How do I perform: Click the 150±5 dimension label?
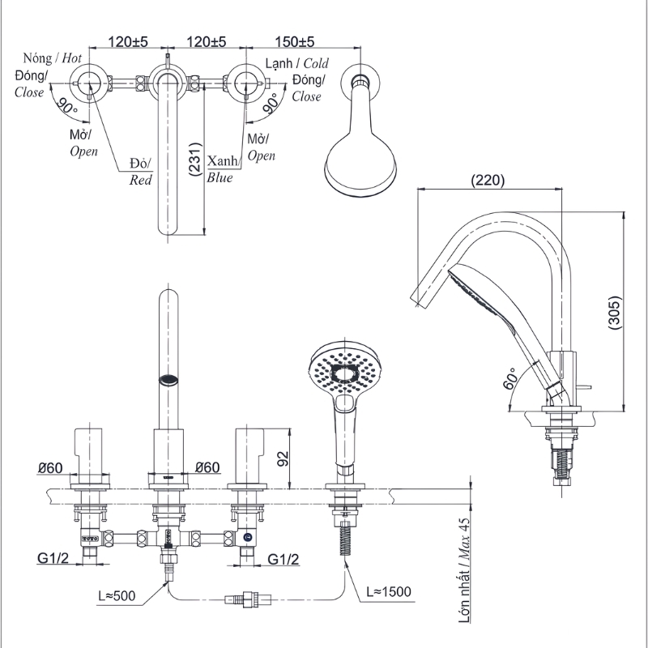295,42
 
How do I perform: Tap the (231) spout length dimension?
195,160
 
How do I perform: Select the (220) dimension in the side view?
488,180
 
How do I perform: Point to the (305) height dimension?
615,313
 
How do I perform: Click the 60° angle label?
510,378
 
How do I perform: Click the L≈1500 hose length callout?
389,592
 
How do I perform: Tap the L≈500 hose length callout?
117,595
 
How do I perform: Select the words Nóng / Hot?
53,58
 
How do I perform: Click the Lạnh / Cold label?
297,63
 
